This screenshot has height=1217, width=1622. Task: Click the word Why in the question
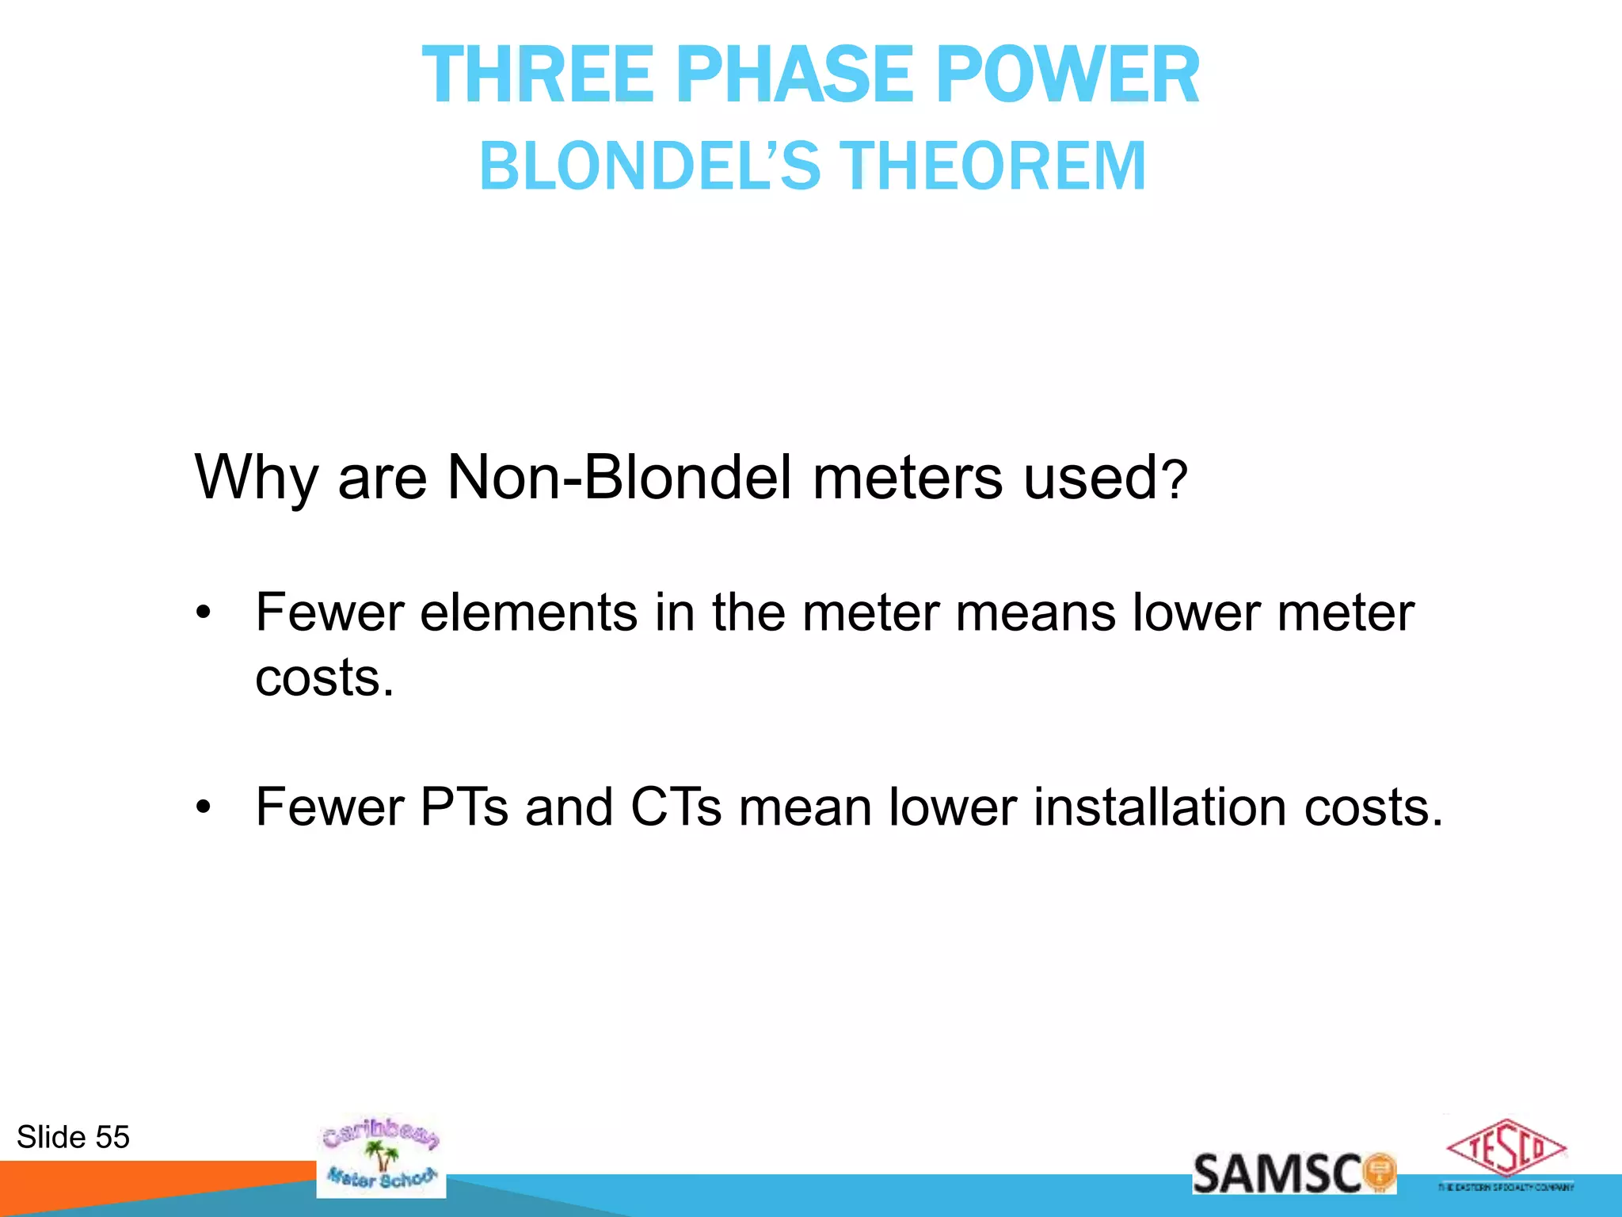(255, 478)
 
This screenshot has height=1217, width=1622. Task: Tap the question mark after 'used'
(1177, 480)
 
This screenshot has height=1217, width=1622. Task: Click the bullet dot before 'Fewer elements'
(204, 612)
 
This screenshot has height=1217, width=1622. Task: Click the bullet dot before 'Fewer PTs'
(204, 807)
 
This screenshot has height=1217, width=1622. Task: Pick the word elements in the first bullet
(528, 612)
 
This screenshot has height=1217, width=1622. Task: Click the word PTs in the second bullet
(464, 807)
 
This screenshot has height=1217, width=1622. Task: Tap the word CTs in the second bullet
(676, 807)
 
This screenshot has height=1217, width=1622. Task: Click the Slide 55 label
(73, 1137)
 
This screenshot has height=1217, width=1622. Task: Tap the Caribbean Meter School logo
(381, 1156)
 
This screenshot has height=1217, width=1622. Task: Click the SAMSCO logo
(1293, 1173)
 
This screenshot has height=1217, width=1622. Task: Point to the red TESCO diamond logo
(1506, 1148)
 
